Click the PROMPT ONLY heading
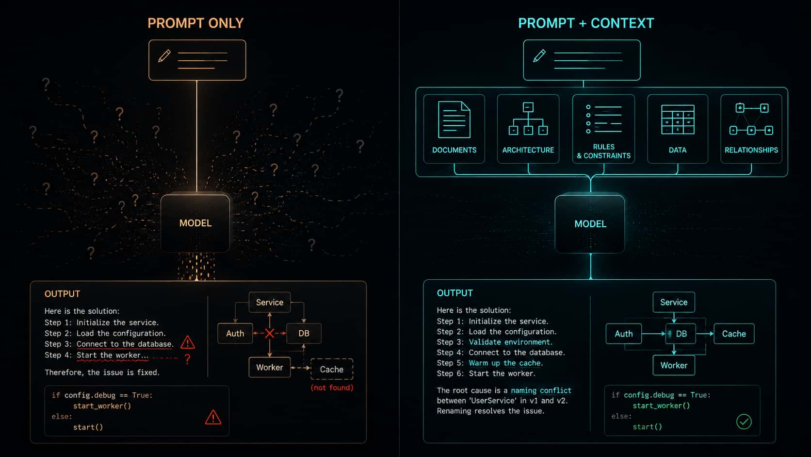coord(195,23)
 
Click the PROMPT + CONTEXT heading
coord(586,23)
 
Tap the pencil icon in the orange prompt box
coord(164,56)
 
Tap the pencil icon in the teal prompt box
coord(539,56)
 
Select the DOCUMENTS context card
coord(454,129)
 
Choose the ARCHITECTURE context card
coord(528,129)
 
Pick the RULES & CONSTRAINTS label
coord(603,151)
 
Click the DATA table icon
coord(678,119)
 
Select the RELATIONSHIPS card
coord(751,129)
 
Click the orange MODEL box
coord(195,223)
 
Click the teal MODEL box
coord(590,224)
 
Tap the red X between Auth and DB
coord(269,333)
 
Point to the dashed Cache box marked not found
coord(332,369)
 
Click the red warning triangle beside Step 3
coord(188,342)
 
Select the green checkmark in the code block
coord(744,422)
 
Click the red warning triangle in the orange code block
coord(213,417)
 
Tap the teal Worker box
coord(674,365)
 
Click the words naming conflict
coord(541,390)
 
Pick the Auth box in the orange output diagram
coord(235,334)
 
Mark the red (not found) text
coord(332,388)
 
